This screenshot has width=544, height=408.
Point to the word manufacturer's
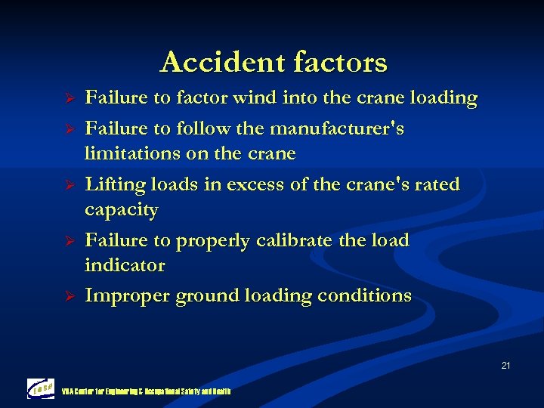(337, 129)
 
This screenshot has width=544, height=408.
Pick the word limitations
(133, 153)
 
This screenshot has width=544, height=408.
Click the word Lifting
(116, 185)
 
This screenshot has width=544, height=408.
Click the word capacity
(122, 210)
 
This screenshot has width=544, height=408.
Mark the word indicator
(125, 265)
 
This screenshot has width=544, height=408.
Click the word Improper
(127, 296)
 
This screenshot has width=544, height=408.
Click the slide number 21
(505, 366)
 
